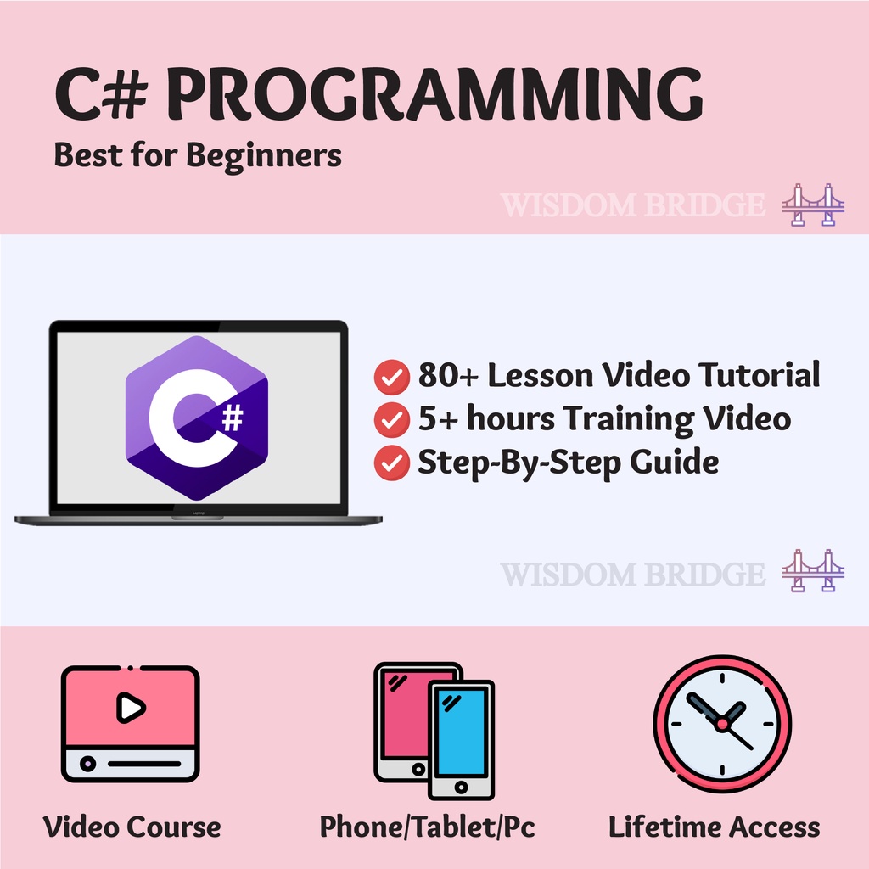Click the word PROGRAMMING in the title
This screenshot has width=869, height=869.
[440, 95]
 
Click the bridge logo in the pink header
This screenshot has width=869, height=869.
[813, 205]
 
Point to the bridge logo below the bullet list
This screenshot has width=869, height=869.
[813, 570]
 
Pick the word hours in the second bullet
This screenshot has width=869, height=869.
[506, 418]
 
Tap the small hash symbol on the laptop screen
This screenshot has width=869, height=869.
[232, 418]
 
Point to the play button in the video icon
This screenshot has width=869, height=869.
[130, 707]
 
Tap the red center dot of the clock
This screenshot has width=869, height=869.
[721, 724]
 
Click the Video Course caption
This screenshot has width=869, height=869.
[132, 827]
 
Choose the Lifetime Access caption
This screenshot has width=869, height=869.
[715, 827]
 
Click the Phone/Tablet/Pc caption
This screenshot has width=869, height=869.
[428, 827]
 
